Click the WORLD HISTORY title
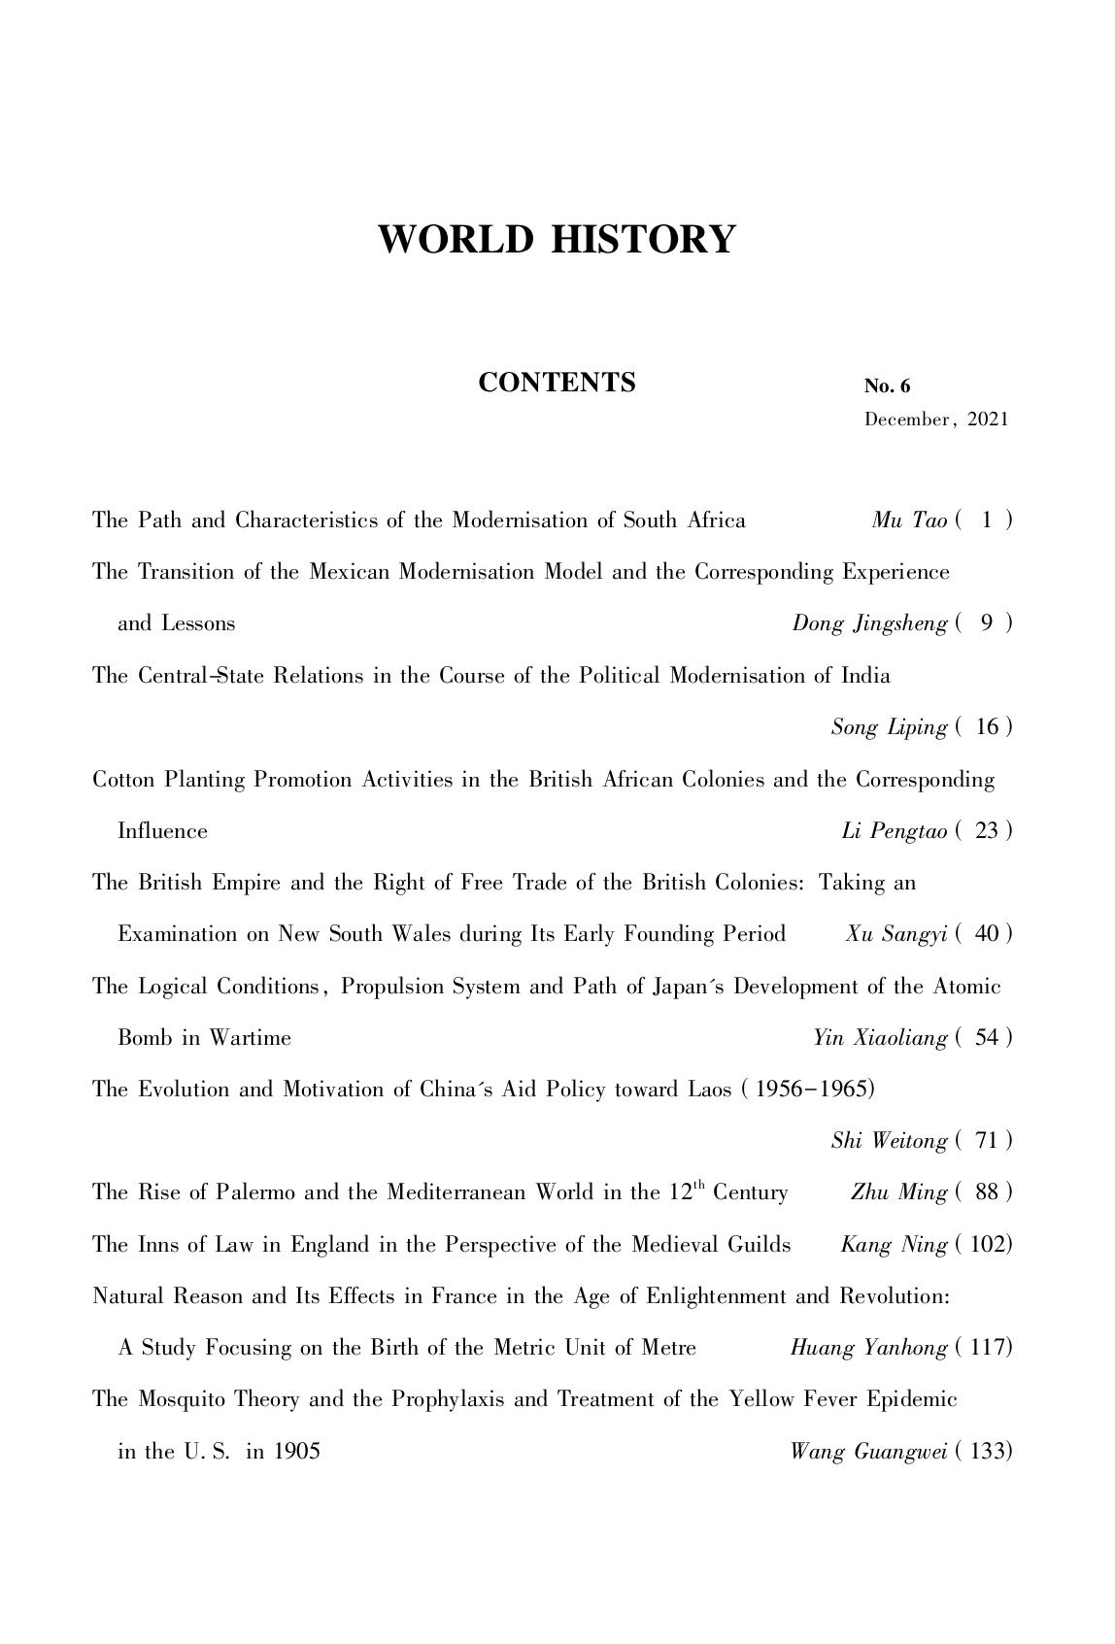557,239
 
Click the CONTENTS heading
557,383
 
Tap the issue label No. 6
887,386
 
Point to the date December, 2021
936,419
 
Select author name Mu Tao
909,520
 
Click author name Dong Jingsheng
869,623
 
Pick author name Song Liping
889,727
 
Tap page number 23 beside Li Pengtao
987,831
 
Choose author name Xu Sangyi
895,934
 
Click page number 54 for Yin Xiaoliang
987,1038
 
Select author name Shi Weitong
889,1141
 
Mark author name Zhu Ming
898,1192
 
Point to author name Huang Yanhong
868,1348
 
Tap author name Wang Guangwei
868,1452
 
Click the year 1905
296,1452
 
